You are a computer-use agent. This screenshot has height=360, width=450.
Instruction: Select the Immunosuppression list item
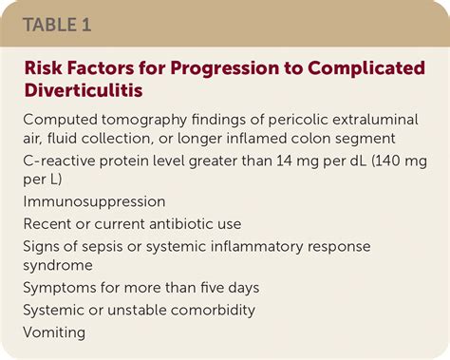point(94,201)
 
